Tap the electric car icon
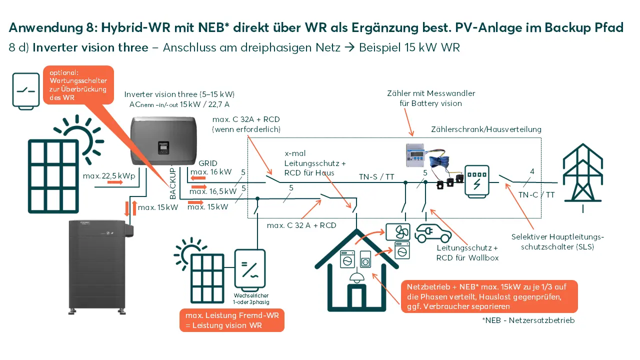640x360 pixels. [432, 232]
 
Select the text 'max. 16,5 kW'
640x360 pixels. [213, 191]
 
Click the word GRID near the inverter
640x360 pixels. [208, 163]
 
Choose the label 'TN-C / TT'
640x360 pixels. [536, 195]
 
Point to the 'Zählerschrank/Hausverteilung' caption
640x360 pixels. [486, 129]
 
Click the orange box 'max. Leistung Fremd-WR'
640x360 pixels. [232, 321]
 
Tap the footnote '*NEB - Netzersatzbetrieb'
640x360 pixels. [528, 320]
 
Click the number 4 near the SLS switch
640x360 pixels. [532, 172]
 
